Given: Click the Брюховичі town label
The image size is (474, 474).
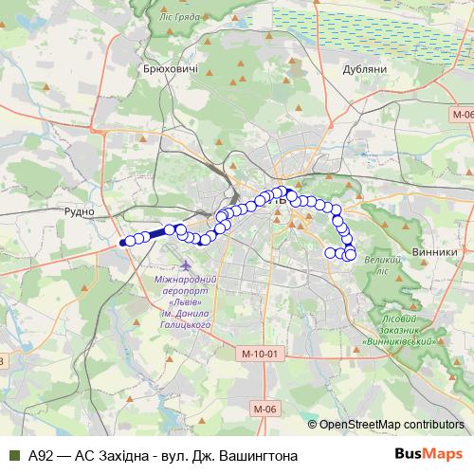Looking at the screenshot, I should click(170, 69).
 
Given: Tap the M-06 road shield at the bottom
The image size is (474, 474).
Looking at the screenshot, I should click(264, 409).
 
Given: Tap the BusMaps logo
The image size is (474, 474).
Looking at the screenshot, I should click(428, 455).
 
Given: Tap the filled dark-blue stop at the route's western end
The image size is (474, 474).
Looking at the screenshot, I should click(122, 243).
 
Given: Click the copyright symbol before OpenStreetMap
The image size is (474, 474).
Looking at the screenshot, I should click(313, 424).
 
